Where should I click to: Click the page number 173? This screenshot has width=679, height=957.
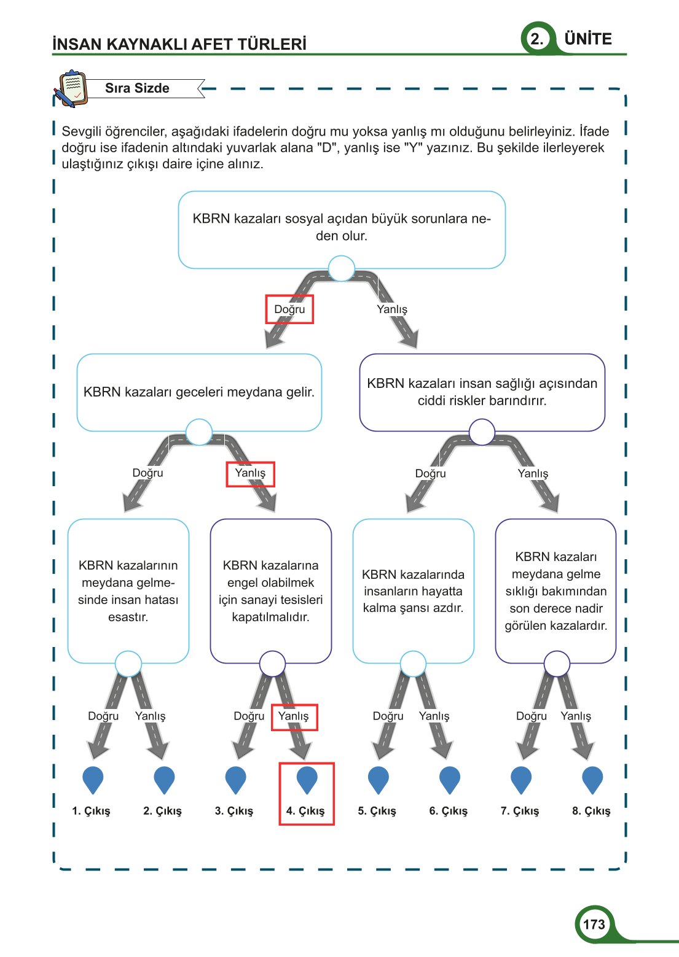594,924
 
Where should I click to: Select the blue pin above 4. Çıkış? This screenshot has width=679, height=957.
307,780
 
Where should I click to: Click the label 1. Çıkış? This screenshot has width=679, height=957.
91,811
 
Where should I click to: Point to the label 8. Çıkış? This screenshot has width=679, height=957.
591,811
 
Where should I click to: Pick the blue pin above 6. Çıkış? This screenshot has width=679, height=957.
450,780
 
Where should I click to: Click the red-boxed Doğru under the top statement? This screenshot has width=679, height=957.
289,309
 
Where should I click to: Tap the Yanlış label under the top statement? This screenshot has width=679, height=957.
392,309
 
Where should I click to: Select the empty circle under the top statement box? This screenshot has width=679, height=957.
342,268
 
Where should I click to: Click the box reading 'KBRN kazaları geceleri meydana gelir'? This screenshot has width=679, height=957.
199,392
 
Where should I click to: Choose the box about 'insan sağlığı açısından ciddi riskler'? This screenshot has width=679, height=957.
482,392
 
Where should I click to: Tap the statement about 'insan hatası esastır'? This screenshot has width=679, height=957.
128,591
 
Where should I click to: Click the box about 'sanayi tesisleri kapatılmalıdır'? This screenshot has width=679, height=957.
270,591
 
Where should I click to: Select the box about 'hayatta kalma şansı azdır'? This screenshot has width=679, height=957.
413,591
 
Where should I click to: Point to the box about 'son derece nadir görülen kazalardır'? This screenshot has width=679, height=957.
555,591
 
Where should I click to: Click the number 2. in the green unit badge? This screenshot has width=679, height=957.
537,39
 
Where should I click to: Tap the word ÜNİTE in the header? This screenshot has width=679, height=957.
588,39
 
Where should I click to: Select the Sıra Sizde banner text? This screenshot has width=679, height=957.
137,88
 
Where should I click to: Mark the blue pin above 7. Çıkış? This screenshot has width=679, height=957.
521,780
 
